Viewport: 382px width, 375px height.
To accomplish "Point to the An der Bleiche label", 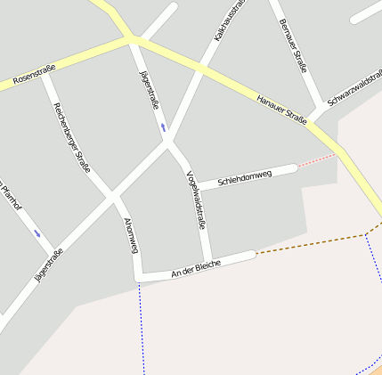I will coord(195,269).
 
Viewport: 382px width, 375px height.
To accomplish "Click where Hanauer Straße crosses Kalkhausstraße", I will coord(203,69).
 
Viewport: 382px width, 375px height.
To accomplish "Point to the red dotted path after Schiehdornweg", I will coord(316,160).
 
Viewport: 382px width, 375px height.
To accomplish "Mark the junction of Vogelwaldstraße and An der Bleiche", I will coord(207,261).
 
